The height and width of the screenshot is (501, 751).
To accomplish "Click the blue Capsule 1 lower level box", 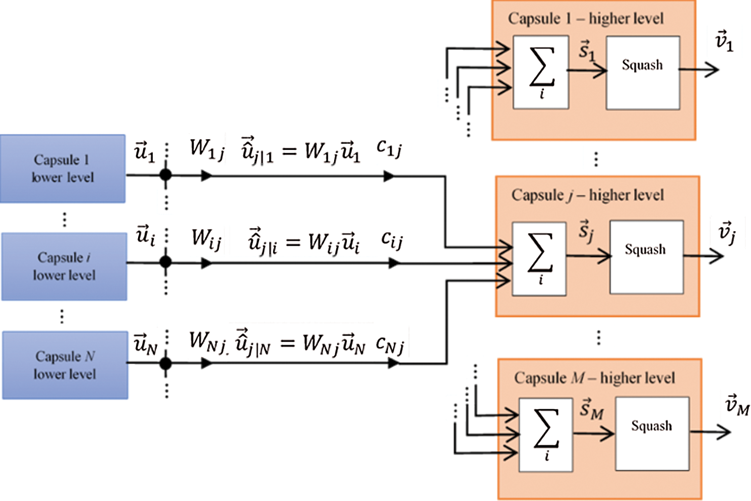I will [62, 169].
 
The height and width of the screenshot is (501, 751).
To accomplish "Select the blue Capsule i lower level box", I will [64, 266].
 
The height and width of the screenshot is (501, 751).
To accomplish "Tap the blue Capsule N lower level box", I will [65, 365].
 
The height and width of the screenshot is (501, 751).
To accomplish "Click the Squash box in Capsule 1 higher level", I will [643, 73].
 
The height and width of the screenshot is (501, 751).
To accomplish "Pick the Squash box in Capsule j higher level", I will [646, 257].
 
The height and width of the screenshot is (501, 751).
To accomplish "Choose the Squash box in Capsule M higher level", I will [652, 433].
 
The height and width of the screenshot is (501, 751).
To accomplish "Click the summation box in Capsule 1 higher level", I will [541, 72].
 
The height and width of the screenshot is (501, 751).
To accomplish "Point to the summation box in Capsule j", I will [539, 258].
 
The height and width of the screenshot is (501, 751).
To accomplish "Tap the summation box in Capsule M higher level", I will [546, 434].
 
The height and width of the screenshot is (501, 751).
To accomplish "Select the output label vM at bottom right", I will [737, 405].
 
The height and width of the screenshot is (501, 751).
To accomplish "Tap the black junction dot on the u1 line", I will [166, 175].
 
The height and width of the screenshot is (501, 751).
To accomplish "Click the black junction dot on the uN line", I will [166, 363].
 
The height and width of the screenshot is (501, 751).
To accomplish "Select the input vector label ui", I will [145, 235].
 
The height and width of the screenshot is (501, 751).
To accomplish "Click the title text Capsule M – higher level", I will [594, 378].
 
